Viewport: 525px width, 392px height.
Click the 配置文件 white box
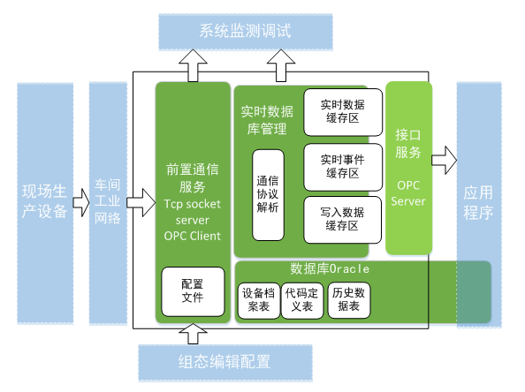coord(192,290)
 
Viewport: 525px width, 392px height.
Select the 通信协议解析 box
coord(268,194)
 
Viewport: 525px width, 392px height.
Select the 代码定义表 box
coord(302,300)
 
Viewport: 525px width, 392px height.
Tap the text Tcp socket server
coord(192,212)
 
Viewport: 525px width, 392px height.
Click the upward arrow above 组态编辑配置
coord(192,333)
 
